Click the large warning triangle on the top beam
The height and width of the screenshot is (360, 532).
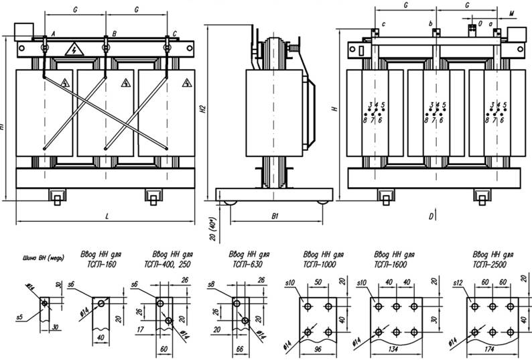(x=74, y=50)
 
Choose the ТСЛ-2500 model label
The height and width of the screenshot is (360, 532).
(x=491, y=263)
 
